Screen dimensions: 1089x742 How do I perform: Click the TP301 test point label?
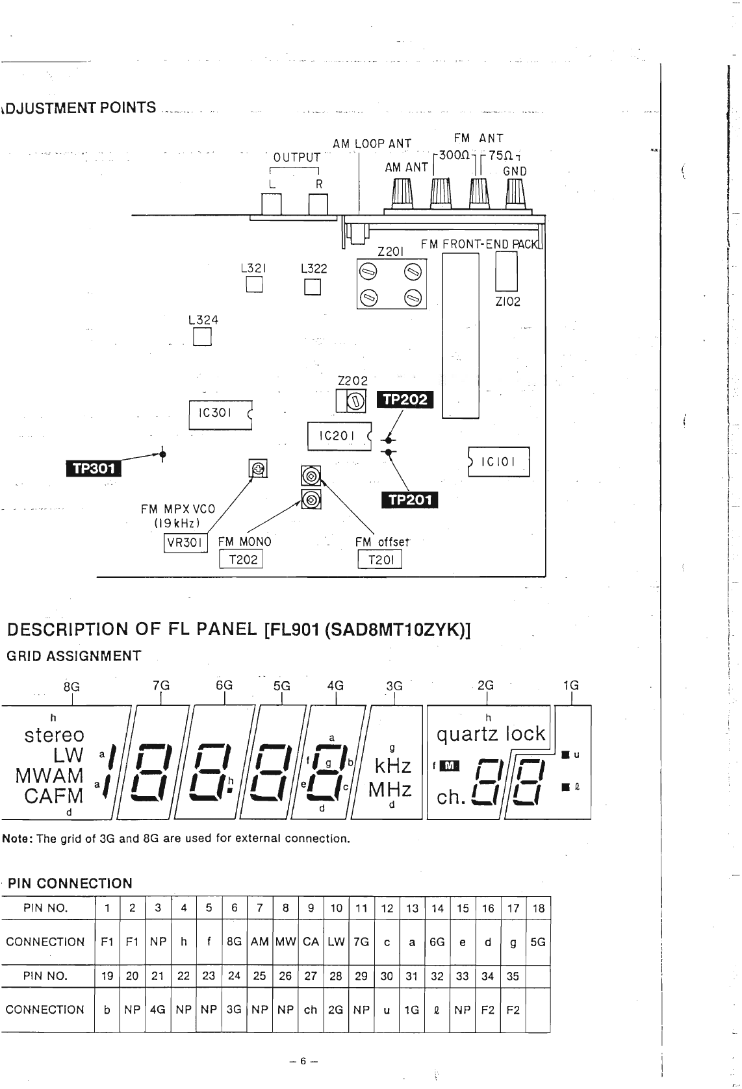click(93, 468)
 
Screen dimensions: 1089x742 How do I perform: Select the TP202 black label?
click(405, 399)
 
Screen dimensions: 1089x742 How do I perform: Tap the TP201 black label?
click(409, 499)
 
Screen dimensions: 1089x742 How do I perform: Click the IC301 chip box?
click(220, 414)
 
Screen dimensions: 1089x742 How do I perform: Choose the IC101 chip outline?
click(498, 462)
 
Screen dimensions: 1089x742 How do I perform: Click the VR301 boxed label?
click(185, 543)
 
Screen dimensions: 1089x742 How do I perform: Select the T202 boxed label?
click(241, 559)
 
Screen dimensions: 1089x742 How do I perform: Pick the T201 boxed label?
click(380, 560)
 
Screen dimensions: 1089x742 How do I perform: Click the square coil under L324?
click(203, 337)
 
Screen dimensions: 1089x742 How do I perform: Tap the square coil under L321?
click(254, 285)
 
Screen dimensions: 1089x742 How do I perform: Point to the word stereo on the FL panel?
click(55, 735)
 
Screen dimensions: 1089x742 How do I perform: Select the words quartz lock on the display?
click(491, 734)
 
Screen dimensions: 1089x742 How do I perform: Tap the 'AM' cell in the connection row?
click(259, 942)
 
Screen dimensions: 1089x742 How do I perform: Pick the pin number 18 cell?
click(538, 908)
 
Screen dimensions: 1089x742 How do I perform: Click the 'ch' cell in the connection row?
click(311, 1010)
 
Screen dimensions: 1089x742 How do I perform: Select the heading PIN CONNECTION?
click(70, 883)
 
